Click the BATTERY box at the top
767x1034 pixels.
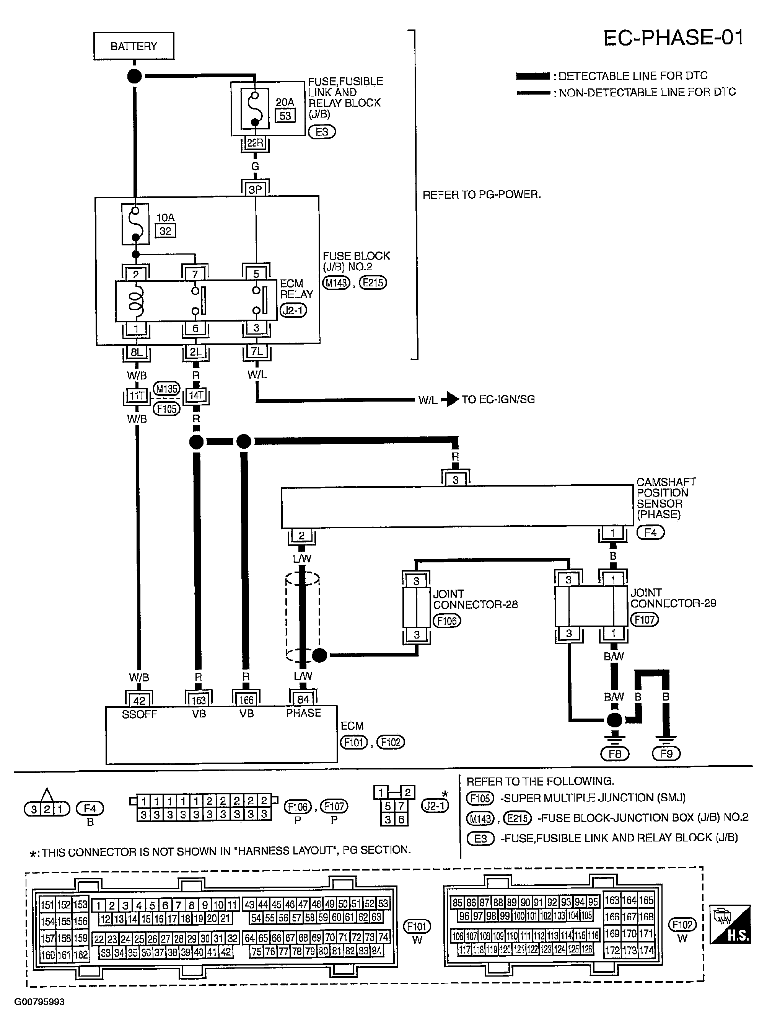coord(134,46)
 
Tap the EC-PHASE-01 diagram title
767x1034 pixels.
coord(673,38)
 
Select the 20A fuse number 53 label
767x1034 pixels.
coord(285,115)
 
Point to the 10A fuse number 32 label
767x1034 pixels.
coord(165,231)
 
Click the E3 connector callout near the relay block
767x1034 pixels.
coord(322,132)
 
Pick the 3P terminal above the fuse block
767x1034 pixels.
coord(256,189)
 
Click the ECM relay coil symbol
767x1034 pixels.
coord(136,301)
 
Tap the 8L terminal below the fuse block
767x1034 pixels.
coord(137,353)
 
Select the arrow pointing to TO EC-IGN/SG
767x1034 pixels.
coord(449,400)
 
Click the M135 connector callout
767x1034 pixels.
coord(167,389)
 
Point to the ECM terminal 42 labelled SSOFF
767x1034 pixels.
coord(139,701)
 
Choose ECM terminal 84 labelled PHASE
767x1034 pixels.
coord(303,699)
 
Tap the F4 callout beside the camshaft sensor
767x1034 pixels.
coord(650,533)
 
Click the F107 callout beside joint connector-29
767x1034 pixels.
coord(645,620)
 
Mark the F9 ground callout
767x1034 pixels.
coord(666,753)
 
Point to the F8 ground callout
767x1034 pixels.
coord(615,753)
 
